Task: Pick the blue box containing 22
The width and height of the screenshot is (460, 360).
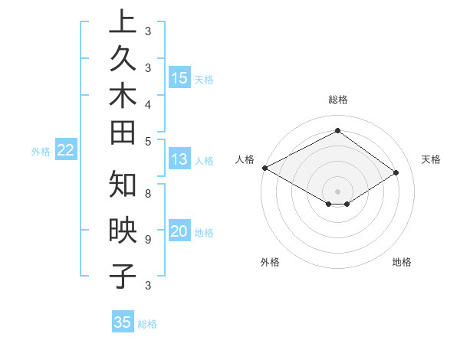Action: pyautogui.click(x=66, y=150)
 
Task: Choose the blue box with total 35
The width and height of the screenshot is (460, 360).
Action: pyautogui.click(x=123, y=322)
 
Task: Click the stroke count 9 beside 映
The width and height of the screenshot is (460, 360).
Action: pyautogui.click(x=147, y=240)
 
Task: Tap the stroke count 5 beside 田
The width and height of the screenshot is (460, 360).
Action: pyautogui.click(x=147, y=141)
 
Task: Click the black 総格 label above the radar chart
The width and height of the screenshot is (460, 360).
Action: pyautogui.click(x=338, y=100)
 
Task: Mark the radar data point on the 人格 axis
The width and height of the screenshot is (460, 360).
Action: pyautogui.click(x=264, y=168)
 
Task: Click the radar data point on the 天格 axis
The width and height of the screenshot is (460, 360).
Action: pyautogui.click(x=396, y=173)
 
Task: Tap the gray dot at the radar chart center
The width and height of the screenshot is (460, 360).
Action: pyautogui.click(x=337, y=191)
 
